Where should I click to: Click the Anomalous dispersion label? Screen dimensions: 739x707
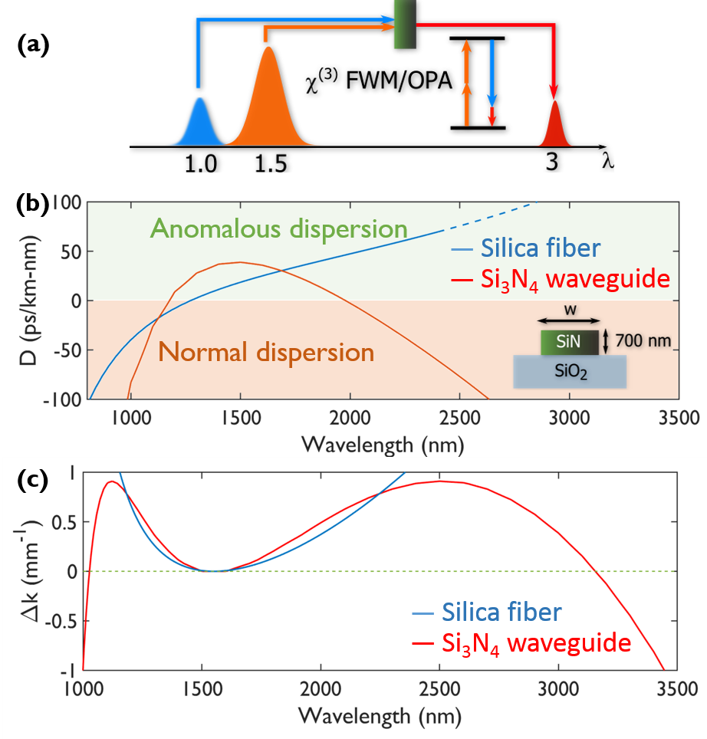(278, 228)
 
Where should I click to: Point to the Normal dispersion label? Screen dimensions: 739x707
(266, 353)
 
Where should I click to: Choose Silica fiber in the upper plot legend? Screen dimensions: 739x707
(541, 248)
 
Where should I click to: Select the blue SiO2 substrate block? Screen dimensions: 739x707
(571, 373)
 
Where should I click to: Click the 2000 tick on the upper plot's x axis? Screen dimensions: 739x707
(350, 419)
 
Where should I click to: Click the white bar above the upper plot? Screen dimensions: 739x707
(322, 189)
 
